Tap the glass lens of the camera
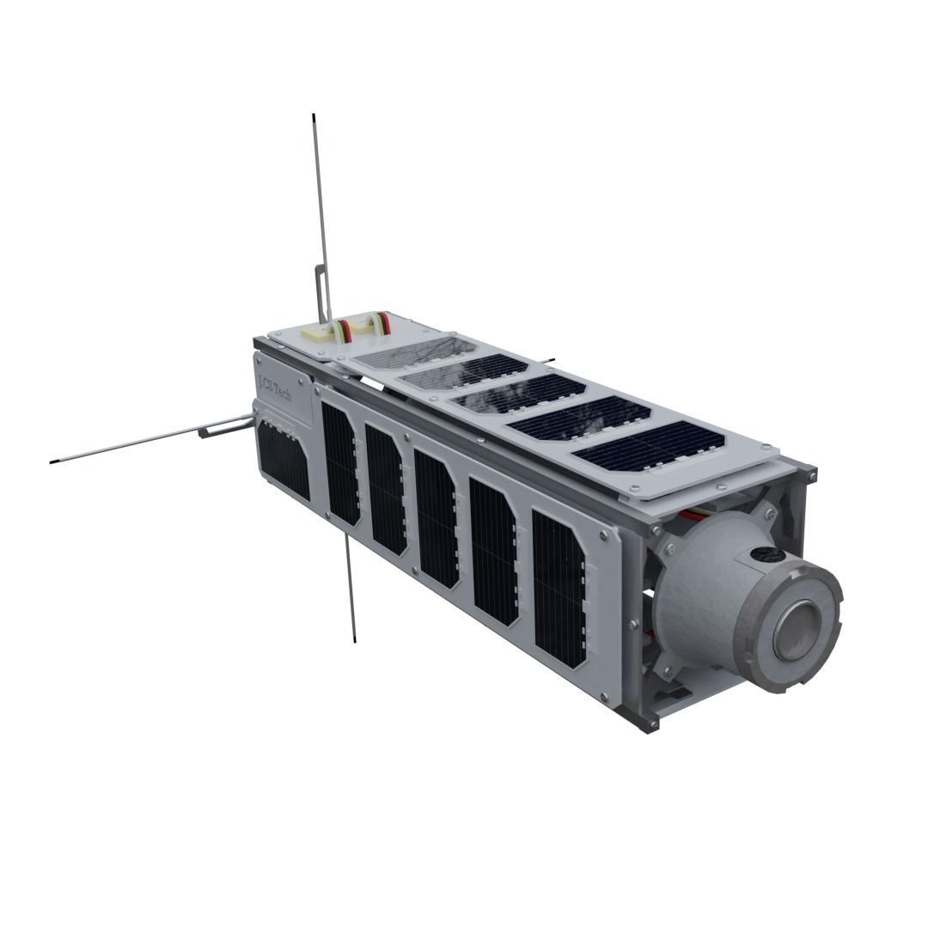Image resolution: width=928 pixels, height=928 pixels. tap(798, 630)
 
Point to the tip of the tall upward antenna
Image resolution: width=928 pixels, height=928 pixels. tap(314, 117)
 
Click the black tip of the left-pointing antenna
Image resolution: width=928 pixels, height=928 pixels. tap(54, 461)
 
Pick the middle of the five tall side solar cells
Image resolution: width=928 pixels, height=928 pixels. tap(437, 518)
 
